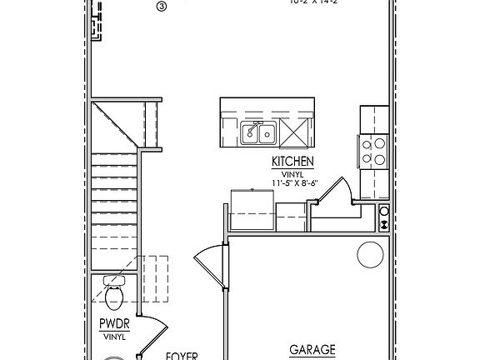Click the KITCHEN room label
pos(292,161)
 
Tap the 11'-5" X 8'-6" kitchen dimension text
pos(292,182)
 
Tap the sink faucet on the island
pos(259,124)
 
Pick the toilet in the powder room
pos(114,293)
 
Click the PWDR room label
pos(113,325)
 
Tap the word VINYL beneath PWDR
pos(113,337)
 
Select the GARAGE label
pos(312,350)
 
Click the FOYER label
pos(181,356)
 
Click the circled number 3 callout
pos(162,6)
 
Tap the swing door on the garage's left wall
pos(209,267)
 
